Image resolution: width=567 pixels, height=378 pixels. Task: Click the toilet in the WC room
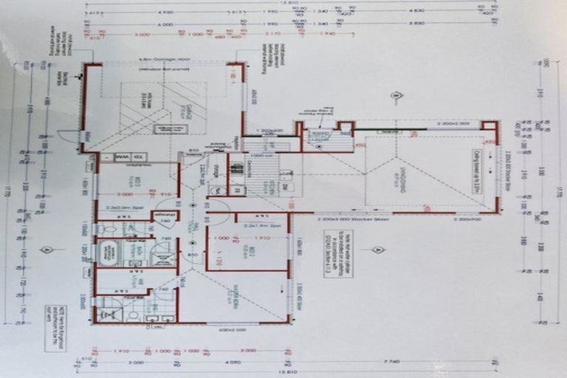tap(110, 229)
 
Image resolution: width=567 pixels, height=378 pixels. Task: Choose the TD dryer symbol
tap(138, 157)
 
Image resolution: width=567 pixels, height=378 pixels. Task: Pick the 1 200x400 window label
tap(270, 131)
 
